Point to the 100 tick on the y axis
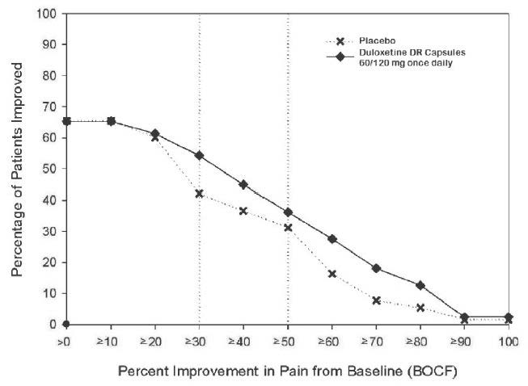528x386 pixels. [49, 14]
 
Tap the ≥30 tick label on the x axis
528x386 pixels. [199, 342]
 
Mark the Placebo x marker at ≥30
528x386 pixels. [199, 194]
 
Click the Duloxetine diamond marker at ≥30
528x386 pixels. [199, 155]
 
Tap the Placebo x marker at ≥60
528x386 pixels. [332, 274]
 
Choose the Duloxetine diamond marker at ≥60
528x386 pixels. [332, 239]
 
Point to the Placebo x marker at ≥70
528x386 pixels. [376, 300]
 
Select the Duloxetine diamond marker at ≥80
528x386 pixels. [420, 285]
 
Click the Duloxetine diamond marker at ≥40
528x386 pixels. [243, 184]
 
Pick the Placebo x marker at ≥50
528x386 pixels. [288, 228]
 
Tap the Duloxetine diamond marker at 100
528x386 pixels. [508, 317]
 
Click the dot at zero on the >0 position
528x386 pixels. [67, 324]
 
